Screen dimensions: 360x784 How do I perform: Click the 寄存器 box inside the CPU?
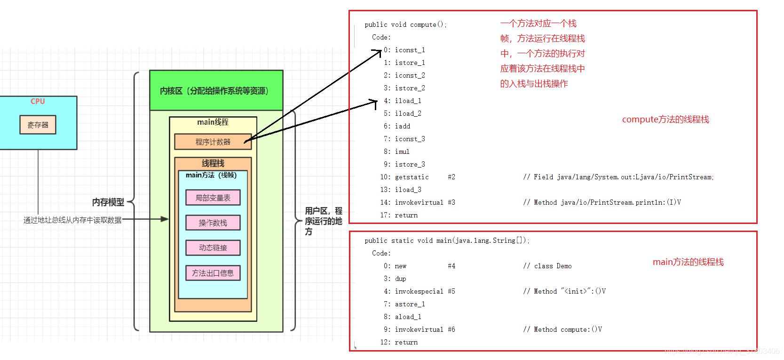[38, 125]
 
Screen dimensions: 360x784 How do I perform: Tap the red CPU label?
[38, 101]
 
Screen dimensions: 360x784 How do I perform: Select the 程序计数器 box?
[213, 142]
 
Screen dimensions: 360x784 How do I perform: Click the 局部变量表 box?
[213, 198]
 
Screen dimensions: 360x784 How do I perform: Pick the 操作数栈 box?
[213, 223]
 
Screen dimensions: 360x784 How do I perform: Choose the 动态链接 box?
[213, 248]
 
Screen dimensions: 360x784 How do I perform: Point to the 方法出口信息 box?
[213, 273]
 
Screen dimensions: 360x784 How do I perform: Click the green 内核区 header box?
[216, 91]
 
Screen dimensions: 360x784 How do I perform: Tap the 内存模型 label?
[108, 202]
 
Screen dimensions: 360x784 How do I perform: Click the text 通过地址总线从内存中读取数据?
[72, 220]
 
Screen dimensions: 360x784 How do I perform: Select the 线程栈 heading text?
[213, 163]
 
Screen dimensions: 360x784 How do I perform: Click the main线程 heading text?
[213, 122]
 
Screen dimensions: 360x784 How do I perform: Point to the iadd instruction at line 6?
[403, 126]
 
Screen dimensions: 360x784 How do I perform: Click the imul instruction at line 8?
[402, 152]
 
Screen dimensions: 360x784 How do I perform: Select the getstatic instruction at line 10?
[412, 177]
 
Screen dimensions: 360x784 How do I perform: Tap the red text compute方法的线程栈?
[665, 120]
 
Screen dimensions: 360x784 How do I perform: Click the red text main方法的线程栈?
[688, 262]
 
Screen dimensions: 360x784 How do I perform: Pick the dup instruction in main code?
[400, 279]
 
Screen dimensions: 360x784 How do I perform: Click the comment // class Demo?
[547, 266]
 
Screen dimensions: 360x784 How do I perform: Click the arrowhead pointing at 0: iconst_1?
[379, 51]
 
